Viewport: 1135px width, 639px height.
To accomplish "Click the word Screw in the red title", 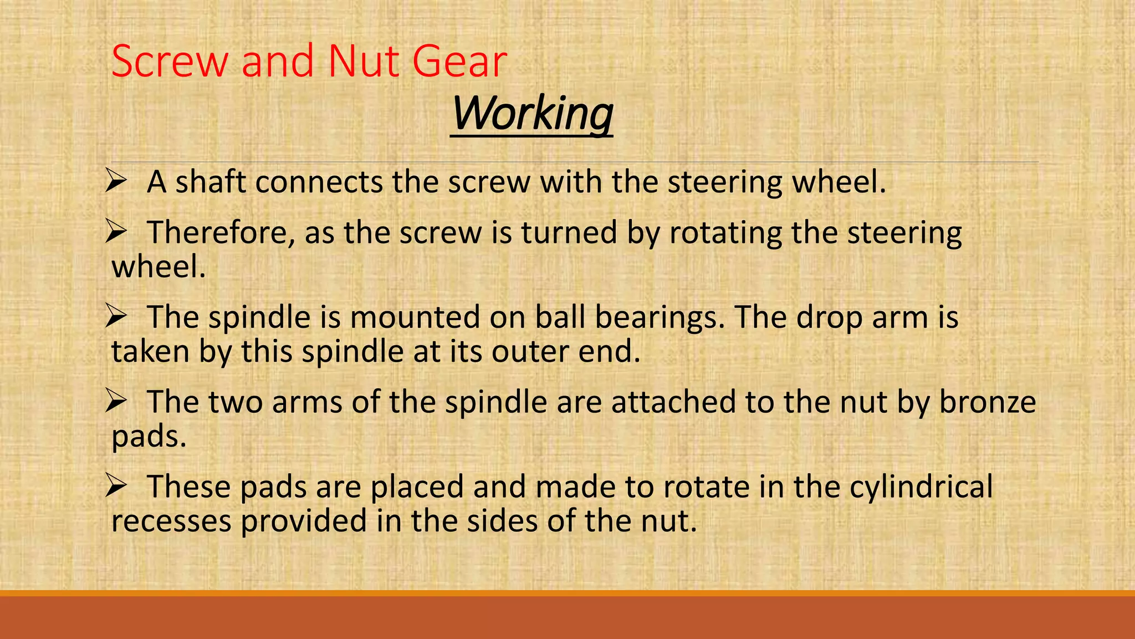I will point(170,61).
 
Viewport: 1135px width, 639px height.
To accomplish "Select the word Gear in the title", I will point(459,61).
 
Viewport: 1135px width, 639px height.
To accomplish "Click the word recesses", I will point(171,521).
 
